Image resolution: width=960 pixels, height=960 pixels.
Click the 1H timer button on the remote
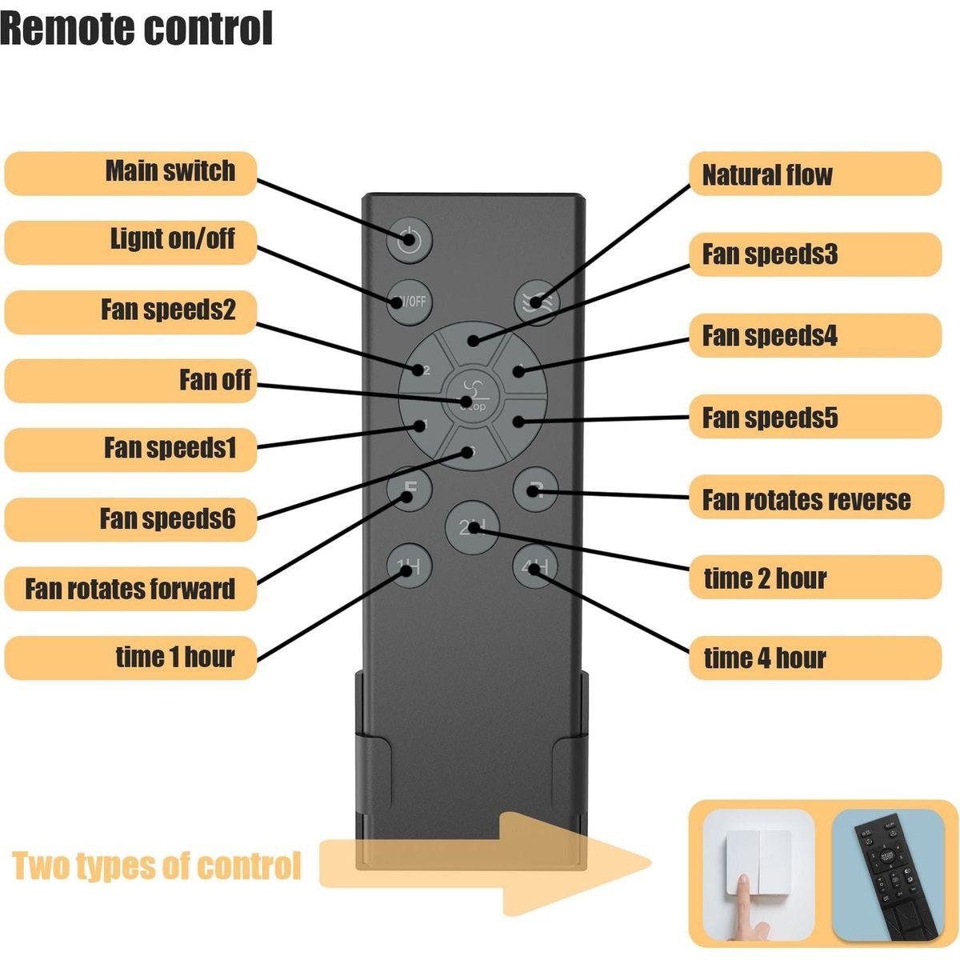point(410,566)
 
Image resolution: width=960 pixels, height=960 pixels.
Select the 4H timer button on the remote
point(534,566)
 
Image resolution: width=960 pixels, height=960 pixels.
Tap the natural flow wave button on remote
point(536,302)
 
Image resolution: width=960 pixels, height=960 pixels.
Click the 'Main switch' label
point(170,171)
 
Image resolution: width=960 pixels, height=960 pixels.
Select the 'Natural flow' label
point(766,174)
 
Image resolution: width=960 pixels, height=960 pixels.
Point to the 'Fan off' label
point(214,380)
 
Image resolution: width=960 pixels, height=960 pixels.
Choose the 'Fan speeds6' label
point(167,518)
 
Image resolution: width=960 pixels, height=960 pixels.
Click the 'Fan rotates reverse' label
point(806,500)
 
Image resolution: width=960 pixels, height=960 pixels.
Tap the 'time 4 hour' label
point(764,658)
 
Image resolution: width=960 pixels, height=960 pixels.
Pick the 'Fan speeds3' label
point(770,254)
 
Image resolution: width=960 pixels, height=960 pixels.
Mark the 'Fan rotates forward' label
point(130,589)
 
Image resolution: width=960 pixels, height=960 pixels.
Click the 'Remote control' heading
point(137,28)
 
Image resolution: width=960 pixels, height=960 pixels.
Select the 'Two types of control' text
point(157,866)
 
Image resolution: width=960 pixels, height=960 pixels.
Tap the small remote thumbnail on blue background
point(887,874)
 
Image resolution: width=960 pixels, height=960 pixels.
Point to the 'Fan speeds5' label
point(770,418)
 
